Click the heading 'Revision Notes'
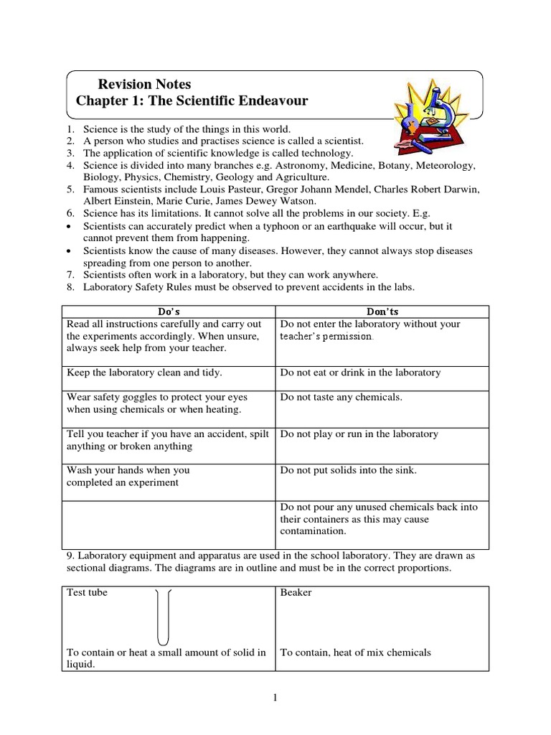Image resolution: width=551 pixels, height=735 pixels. pyautogui.click(x=144, y=85)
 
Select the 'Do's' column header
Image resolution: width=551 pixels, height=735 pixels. pyautogui.click(x=169, y=312)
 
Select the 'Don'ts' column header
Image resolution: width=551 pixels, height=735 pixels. pyautogui.click(x=382, y=312)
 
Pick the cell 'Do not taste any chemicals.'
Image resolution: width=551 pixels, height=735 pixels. pyautogui.click(x=341, y=397)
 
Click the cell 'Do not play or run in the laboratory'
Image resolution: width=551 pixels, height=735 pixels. pyautogui.click(x=359, y=434)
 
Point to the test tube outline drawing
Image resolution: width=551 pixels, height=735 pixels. pyautogui.click(x=162, y=616)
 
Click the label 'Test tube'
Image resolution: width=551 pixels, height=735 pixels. pyautogui.click(x=87, y=593)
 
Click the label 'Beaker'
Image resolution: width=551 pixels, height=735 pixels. pyautogui.click(x=296, y=593)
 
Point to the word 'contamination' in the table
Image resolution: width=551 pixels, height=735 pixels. pyautogui.click(x=314, y=532)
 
